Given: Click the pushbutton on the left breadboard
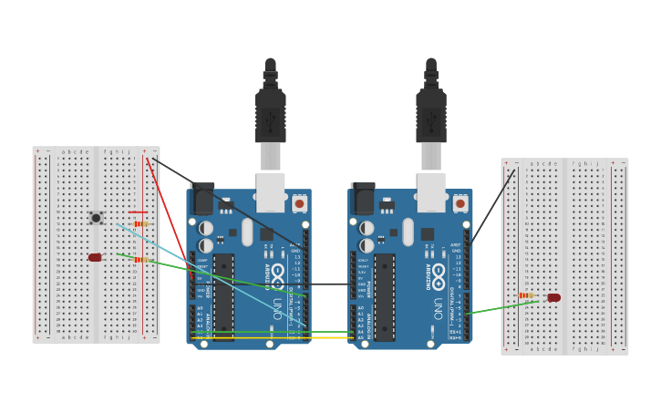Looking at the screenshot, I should (x=96, y=218).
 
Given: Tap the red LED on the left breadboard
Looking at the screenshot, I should (x=95, y=257).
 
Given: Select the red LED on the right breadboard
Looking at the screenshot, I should (x=553, y=297).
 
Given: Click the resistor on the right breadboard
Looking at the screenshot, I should (x=526, y=295).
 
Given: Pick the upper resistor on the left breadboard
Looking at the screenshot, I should (x=140, y=223).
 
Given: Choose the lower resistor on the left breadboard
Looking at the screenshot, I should (x=140, y=260).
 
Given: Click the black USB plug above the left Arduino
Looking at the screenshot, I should (x=270, y=114).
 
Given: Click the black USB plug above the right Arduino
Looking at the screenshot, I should (x=430, y=114).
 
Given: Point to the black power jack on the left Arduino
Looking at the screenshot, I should (x=202, y=198).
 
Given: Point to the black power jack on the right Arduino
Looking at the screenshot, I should (x=363, y=198).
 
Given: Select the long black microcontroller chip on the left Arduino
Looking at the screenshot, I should (x=223, y=297).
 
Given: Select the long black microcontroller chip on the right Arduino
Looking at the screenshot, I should (x=384, y=297).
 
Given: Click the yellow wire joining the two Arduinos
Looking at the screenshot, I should (x=274, y=338).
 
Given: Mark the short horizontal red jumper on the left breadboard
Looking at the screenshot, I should (x=138, y=212).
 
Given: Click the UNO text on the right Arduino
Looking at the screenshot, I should (x=439, y=309).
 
